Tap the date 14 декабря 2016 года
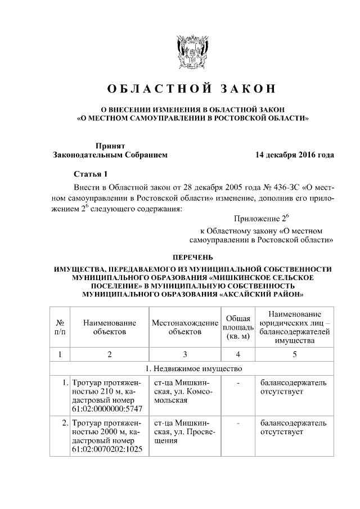click(294, 154)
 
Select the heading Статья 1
click(90, 173)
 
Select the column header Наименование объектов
click(110, 327)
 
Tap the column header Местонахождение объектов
click(184, 327)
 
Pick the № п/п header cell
click(59, 327)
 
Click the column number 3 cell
click(184, 354)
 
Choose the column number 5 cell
click(295, 354)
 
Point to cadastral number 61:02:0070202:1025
click(107, 450)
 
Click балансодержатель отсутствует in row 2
click(292, 427)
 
